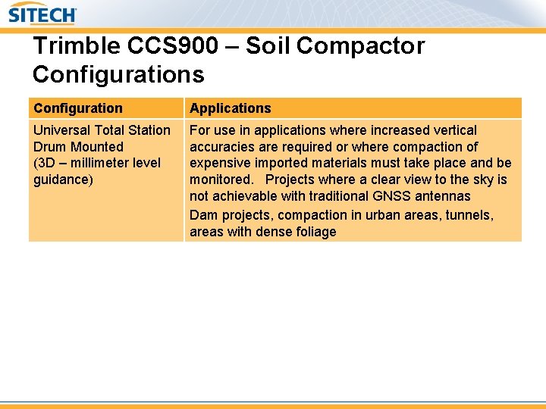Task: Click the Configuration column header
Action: [78, 108]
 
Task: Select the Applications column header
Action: [230, 108]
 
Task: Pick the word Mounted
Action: [97, 147]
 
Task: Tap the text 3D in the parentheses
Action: [47, 163]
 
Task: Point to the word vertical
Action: [452, 130]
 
